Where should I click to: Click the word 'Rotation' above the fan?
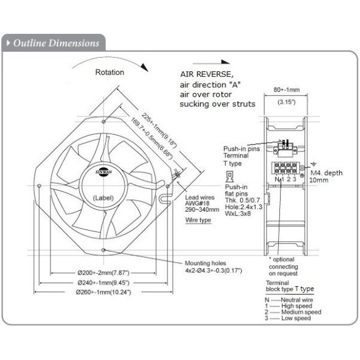click(x=110, y=72)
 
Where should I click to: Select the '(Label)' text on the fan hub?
click(x=102, y=198)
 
